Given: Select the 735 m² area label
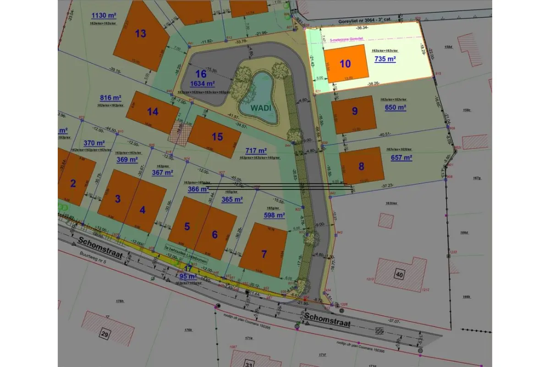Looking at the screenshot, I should click(x=385, y=59).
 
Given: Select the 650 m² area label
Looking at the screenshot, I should click(x=396, y=107).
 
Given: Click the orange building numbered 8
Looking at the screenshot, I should click(x=361, y=166).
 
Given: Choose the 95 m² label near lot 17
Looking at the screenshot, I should click(x=188, y=276).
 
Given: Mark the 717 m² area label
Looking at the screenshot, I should click(x=256, y=150).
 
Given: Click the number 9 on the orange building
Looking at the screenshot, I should click(x=354, y=111).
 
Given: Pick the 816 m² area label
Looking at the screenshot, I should click(x=110, y=98).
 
